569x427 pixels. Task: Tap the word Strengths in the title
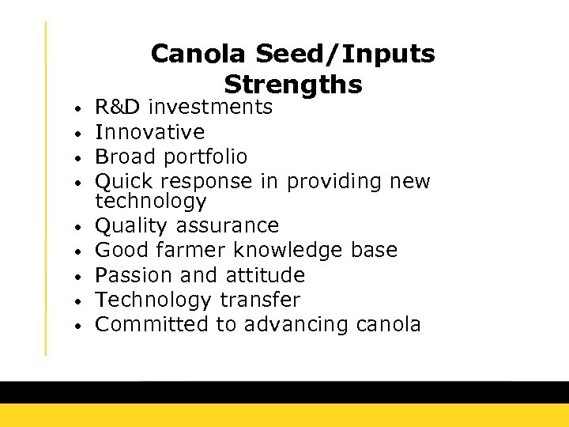293,84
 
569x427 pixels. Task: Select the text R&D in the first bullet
118,107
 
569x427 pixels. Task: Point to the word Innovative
149,132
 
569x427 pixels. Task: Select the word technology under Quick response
150,201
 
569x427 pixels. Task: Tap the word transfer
260,300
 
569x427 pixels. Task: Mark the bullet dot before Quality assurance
72,227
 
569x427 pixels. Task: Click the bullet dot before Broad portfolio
72,157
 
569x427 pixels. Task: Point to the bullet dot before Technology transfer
72,301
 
